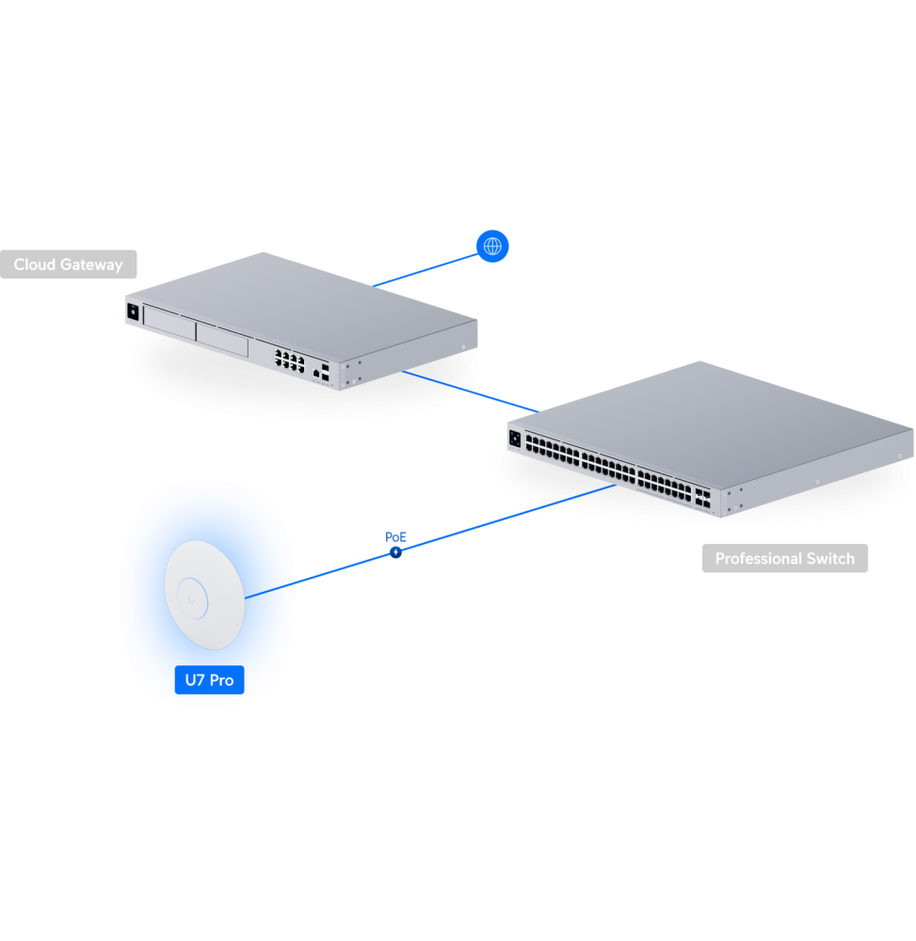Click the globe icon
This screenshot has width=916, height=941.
coord(492,247)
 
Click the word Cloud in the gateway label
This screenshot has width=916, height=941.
coord(35,265)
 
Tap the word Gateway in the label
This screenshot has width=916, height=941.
coord(91,265)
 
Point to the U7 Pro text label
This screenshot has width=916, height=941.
coord(209,679)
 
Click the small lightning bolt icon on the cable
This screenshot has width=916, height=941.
coord(395,552)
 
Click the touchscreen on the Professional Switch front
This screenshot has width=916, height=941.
coord(515,439)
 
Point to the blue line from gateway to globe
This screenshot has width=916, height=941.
coord(424,268)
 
